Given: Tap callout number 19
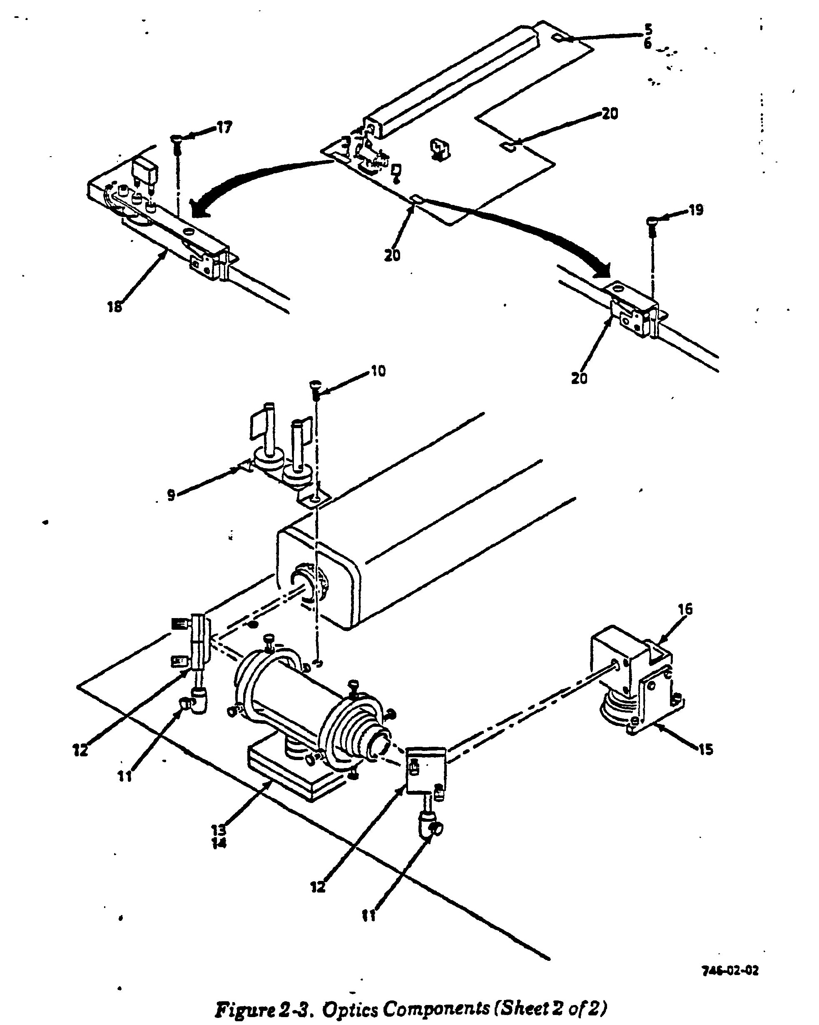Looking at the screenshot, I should (x=696, y=210).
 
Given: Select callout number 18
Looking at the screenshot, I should (x=115, y=307).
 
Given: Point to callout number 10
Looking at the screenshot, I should (x=378, y=371).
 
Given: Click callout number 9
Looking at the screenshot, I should (x=171, y=495).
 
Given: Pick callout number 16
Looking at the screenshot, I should (x=685, y=609).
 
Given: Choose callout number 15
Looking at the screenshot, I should (x=706, y=750).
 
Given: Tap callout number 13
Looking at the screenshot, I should (x=219, y=830).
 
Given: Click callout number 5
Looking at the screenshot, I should (x=648, y=30).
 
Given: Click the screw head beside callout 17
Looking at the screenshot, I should (x=176, y=138).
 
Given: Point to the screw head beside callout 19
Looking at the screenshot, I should (x=652, y=221).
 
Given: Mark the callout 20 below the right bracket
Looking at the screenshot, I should (x=580, y=379).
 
